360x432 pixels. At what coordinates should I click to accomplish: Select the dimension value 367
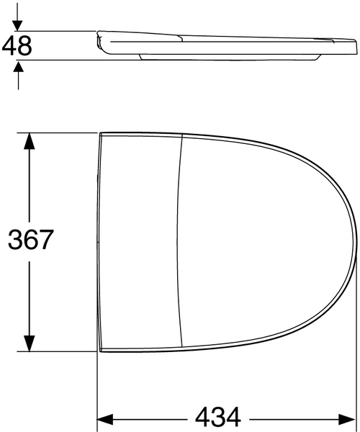[30, 240]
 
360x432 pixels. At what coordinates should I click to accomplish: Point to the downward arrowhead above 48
[18, 23]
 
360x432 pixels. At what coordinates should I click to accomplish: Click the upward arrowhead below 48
[18, 67]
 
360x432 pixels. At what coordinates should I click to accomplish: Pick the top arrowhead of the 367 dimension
[29, 140]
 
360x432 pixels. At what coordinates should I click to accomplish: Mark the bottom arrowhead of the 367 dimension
[29, 345]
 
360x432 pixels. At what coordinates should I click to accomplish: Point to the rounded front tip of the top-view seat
[356, 240]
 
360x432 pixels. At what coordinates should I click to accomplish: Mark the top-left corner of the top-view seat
[100, 133]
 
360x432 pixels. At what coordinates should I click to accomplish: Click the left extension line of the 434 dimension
[98, 389]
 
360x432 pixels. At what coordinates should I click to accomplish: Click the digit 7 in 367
[46, 240]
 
